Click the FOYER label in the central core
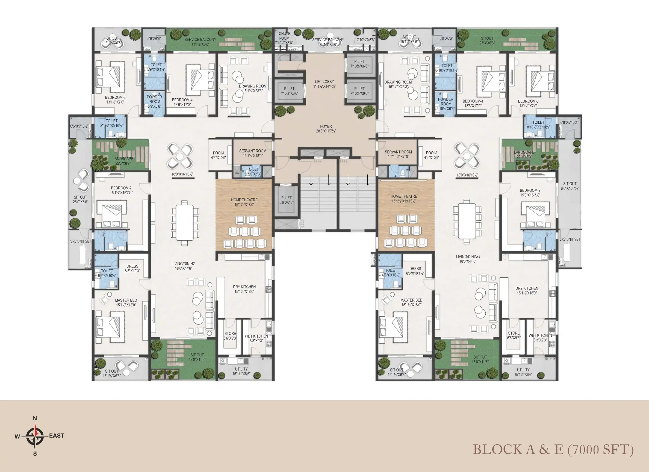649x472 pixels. (326, 129)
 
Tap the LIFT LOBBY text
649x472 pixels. (324, 84)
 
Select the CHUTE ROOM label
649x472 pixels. (284, 38)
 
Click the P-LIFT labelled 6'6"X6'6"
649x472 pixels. (287, 200)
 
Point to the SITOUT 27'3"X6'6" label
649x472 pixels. (487, 41)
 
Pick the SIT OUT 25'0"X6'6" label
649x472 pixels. (80, 199)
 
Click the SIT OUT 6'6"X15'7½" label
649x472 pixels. (570, 186)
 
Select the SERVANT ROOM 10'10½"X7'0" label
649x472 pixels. (398, 154)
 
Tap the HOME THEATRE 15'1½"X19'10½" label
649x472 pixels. (404, 199)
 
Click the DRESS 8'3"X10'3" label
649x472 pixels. (132, 269)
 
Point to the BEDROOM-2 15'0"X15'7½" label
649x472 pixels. (530, 193)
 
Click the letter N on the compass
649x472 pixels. (35, 418)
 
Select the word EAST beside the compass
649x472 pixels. (57, 436)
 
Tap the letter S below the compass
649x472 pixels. (35, 454)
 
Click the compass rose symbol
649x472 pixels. (35, 436)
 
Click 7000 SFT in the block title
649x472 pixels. (601, 450)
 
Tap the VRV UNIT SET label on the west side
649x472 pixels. (81, 241)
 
